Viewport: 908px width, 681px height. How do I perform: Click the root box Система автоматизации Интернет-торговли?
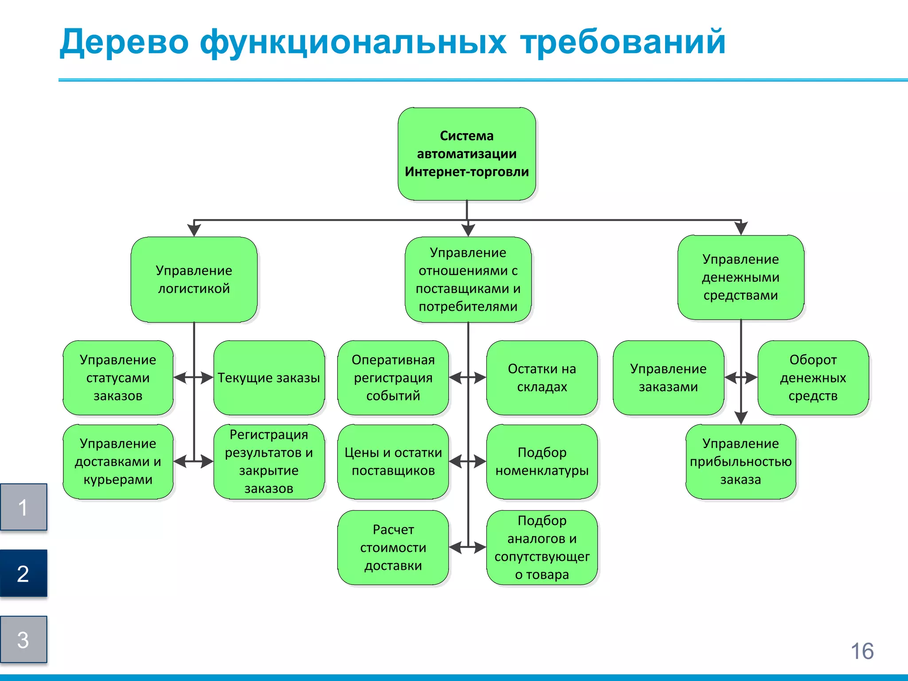tap(466, 153)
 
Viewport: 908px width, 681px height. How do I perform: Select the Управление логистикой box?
tap(194, 279)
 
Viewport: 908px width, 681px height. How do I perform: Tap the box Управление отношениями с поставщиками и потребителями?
tap(468, 279)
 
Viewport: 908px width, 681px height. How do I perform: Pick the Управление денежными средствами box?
tap(740, 277)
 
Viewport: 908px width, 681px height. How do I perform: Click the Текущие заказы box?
tap(269, 377)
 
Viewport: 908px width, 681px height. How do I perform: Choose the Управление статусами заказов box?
tap(118, 377)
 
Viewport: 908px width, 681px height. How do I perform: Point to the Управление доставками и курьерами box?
tap(118, 461)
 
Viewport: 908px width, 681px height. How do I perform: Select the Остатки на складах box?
tap(542, 377)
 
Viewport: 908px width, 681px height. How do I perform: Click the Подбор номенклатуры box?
tap(542, 461)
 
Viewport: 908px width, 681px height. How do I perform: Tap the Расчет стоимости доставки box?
tap(393, 547)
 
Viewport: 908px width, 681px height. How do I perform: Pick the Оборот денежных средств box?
tap(813, 377)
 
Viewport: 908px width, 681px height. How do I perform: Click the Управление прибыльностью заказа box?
tap(740, 461)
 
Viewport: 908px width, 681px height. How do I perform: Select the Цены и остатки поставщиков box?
tap(393, 461)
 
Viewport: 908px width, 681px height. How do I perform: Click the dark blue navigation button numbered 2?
tap(23, 573)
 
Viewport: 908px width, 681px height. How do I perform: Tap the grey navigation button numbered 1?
tap(23, 507)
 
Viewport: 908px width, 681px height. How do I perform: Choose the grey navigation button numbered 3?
tap(23, 639)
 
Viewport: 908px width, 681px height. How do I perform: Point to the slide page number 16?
tap(862, 651)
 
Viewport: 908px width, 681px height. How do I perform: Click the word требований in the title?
tap(623, 42)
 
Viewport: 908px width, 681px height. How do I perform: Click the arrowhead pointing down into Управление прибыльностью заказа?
tap(741, 418)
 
